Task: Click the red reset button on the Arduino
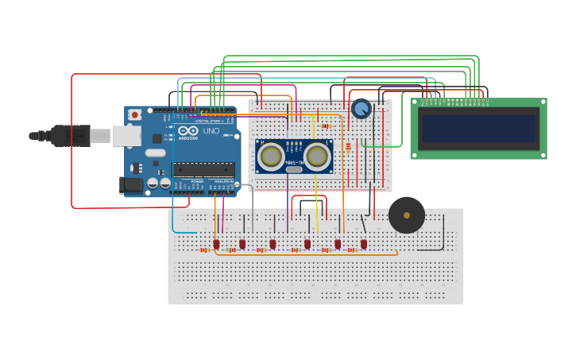point(135,114)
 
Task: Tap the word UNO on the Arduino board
point(211,131)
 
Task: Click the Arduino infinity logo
point(188,131)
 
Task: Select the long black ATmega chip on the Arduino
point(203,168)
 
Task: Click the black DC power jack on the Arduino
point(132,185)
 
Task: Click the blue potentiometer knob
point(361,108)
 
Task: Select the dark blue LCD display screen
point(478,128)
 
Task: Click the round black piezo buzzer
point(407,215)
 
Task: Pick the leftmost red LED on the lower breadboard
point(216,244)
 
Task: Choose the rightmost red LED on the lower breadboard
point(364,244)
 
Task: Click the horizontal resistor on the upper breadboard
point(327,126)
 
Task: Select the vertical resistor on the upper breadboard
point(348,146)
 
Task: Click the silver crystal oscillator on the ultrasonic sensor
point(294,168)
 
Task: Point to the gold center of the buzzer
point(407,215)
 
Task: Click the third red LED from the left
point(273,244)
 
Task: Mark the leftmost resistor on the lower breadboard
point(205,250)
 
